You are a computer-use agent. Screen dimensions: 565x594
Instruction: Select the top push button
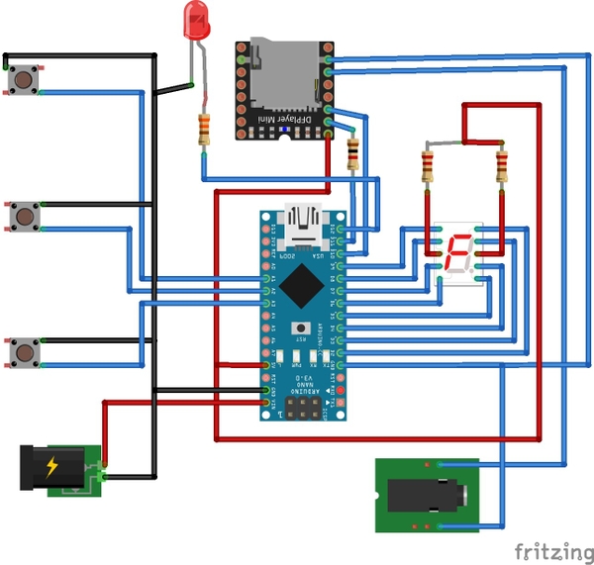point(22,78)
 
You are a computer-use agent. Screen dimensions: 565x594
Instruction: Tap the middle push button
point(22,215)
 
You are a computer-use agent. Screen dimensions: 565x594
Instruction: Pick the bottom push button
point(22,351)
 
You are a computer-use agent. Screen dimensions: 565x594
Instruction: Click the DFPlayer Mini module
point(282,89)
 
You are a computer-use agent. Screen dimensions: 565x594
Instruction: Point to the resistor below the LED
point(205,129)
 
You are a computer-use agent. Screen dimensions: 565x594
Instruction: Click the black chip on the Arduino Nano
point(300,286)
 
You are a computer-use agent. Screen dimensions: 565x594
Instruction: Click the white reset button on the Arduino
point(301,329)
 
